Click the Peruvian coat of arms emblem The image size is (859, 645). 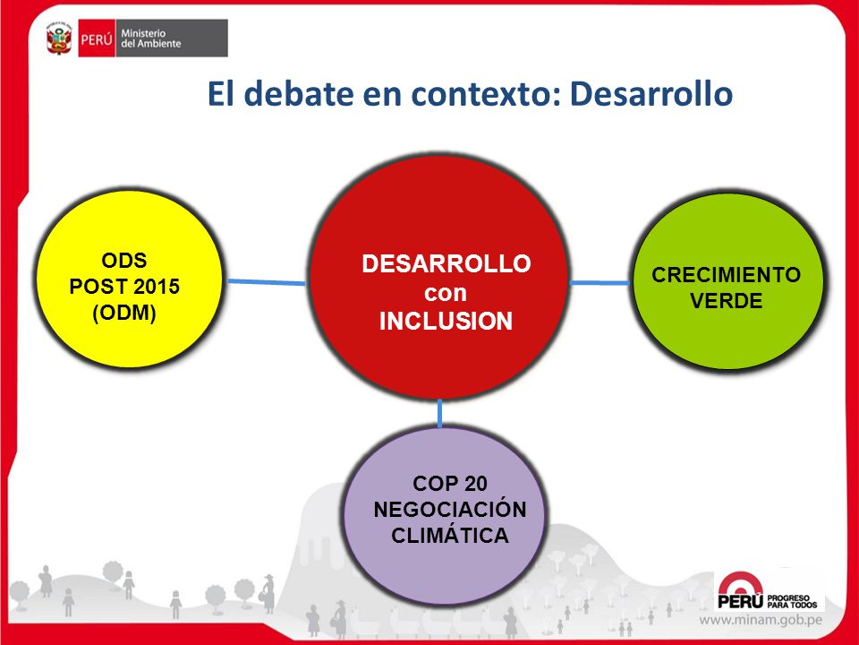click(59, 39)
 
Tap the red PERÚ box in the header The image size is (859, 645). click(97, 39)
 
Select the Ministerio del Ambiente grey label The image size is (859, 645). click(172, 39)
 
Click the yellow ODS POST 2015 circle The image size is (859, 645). click(129, 279)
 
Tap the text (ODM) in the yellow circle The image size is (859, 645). click(124, 314)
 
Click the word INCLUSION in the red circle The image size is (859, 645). click(446, 322)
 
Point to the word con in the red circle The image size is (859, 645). click(446, 293)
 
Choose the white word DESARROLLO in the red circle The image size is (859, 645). click(447, 263)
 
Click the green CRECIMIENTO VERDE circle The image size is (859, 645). click(728, 280)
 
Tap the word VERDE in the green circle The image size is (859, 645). click(726, 301)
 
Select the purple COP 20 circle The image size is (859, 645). click(446, 515)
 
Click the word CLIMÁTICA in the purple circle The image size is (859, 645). click(450, 536)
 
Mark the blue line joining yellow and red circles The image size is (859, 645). click(267, 282)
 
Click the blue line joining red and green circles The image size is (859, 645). click(600, 283)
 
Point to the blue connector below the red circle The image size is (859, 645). click(440, 414)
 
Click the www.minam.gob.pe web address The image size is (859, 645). click(761, 620)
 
